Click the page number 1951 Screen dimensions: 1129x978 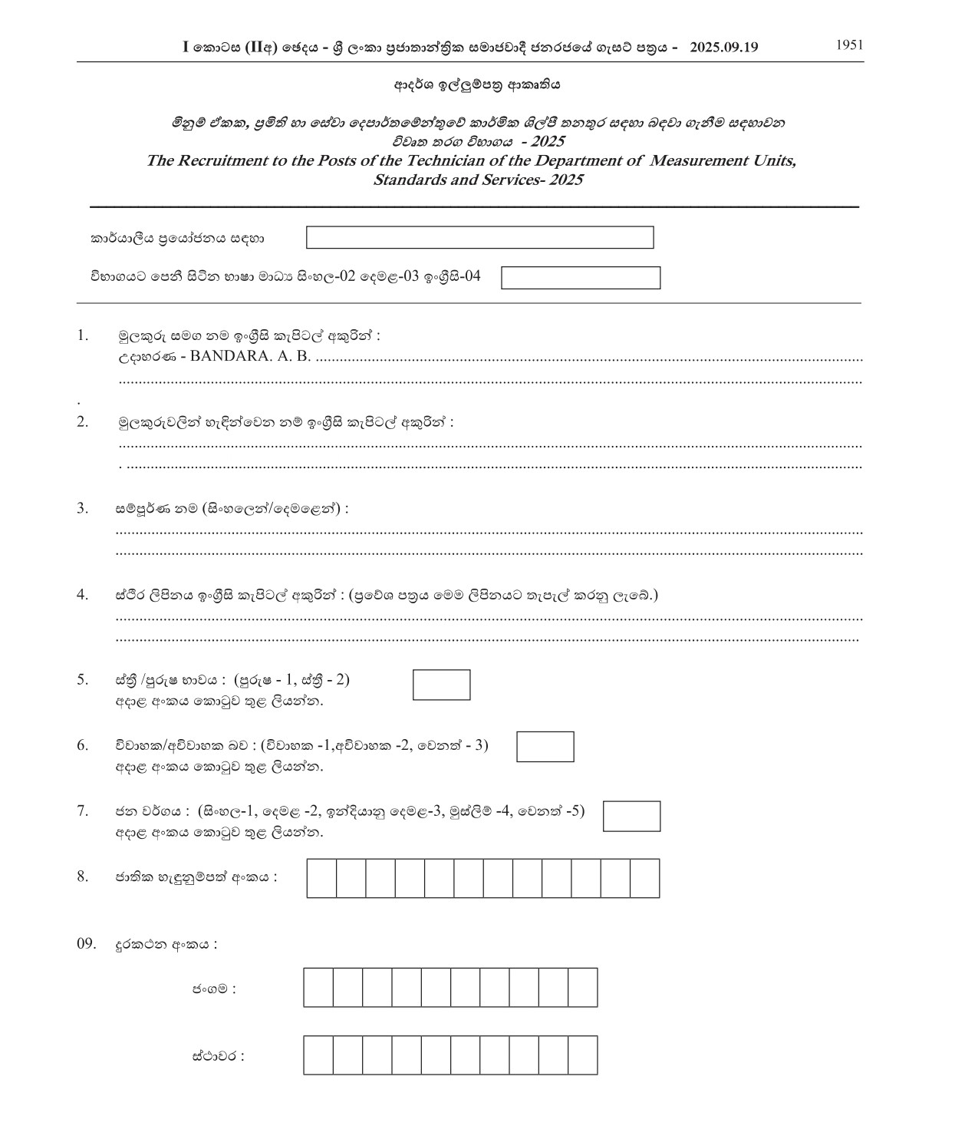pos(849,45)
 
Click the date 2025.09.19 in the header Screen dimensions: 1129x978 pos(723,47)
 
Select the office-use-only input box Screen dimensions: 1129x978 pos(479,238)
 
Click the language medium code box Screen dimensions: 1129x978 pos(581,278)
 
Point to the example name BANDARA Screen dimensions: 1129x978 pos(225,357)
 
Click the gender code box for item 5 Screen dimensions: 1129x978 pos(441,685)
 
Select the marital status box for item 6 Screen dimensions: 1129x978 pos(545,747)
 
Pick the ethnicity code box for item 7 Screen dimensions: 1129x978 pos(631,816)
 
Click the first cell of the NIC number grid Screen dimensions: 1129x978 pos(321,879)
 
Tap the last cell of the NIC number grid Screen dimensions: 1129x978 pos(645,879)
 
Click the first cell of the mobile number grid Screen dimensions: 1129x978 pos(318,987)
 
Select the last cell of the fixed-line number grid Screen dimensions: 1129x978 pos(583,1055)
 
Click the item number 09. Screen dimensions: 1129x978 pos(86,944)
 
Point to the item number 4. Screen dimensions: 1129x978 pos(82,595)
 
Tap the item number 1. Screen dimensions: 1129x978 pos(82,335)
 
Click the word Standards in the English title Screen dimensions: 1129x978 pos(407,180)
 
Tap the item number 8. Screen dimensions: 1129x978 pos(82,876)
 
